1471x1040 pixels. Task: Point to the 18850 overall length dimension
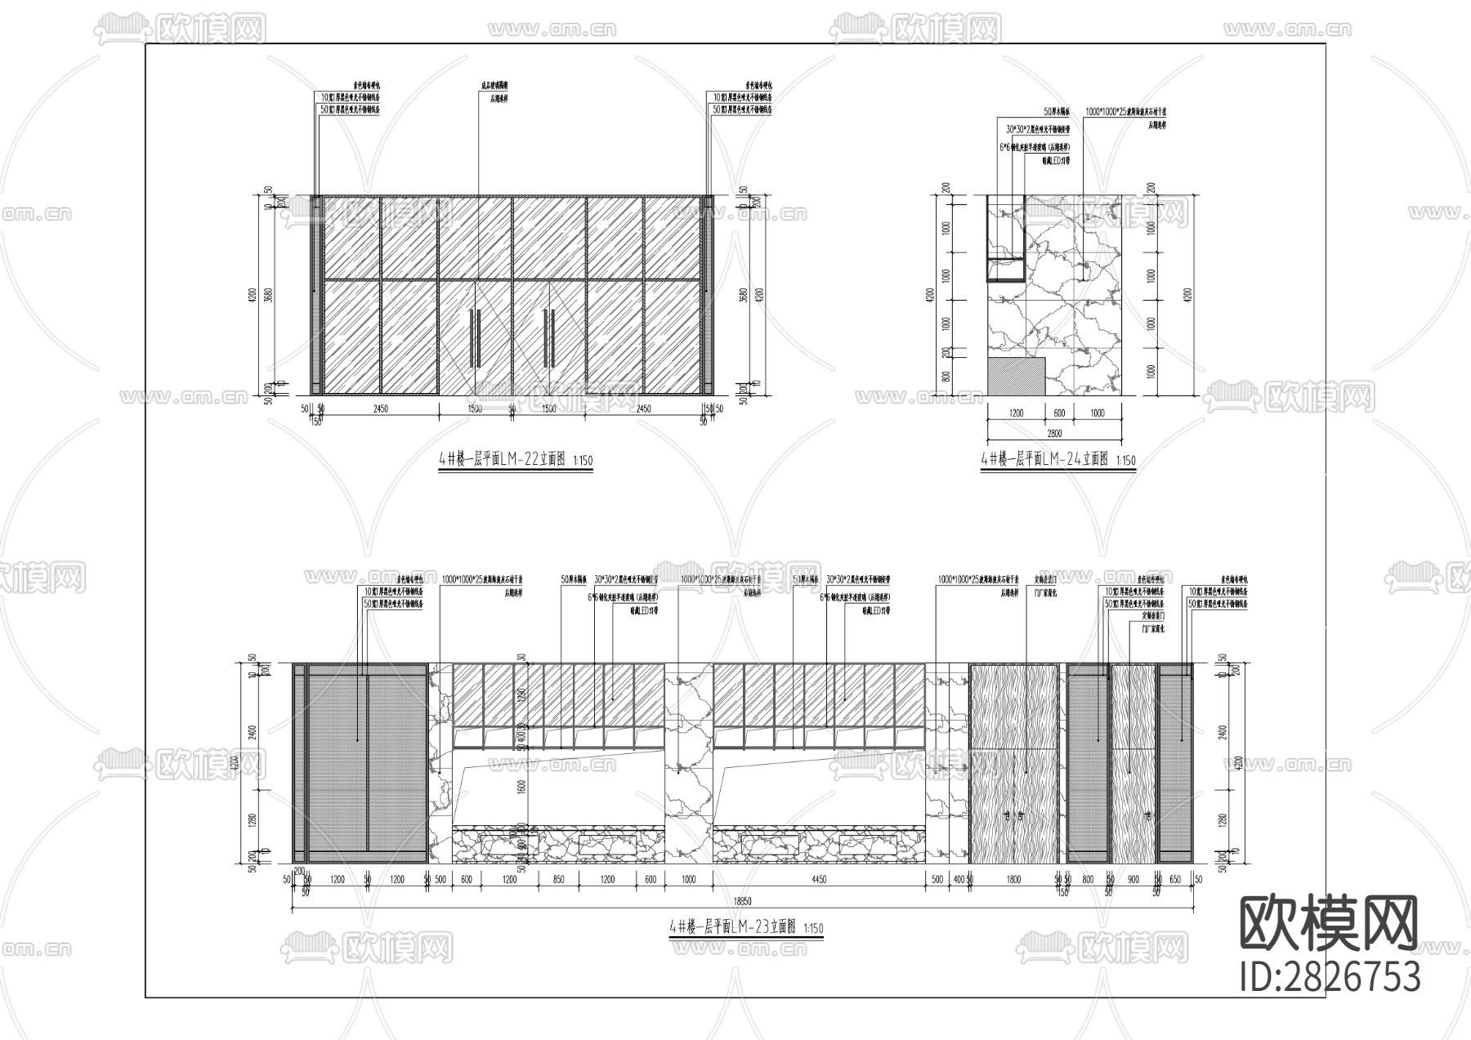(x=742, y=902)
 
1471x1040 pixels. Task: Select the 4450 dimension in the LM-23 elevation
(x=819, y=880)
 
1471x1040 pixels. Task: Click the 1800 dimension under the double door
(x=1013, y=880)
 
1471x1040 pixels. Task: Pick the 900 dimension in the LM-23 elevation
(x=1133, y=880)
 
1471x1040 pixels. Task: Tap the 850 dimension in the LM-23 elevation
(x=558, y=880)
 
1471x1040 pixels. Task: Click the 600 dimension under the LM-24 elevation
(x=1058, y=413)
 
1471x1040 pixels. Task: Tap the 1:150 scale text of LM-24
(x=1125, y=461)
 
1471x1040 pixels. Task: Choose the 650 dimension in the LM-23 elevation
(x=1175, y=880)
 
